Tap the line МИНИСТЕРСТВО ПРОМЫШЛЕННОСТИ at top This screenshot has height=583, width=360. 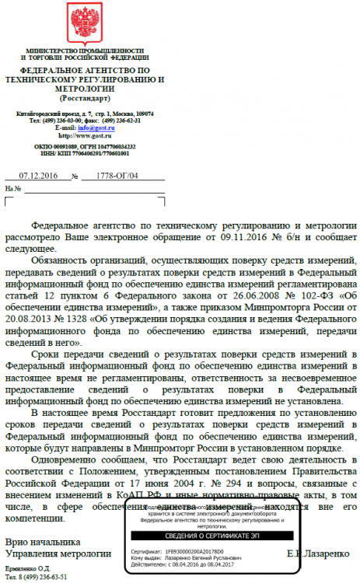tap(82, 49)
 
